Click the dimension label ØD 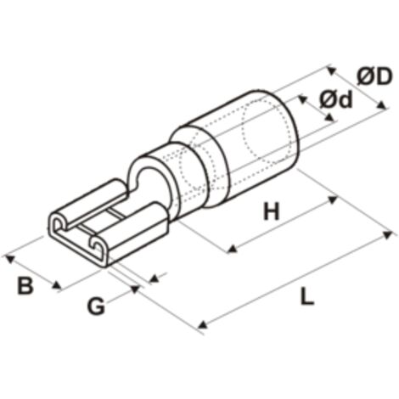click(x=374, y=76)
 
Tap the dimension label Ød click(x=336, y=99)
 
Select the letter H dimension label click(x=272, y=211)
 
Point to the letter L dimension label click(x=307, y=296)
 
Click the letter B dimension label click(x=25, y=286)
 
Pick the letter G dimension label click(x=96, y=306)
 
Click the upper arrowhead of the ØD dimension click(x=332, y=70)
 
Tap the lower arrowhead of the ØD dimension click(x=382, y=105)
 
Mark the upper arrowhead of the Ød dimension click(x=303, y=99)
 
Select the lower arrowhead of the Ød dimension click(x=329, y=117)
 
